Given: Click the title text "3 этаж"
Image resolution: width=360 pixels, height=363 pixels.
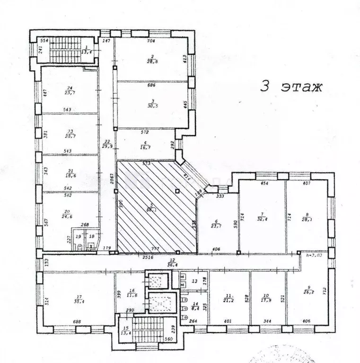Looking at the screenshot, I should (x=291, y=87).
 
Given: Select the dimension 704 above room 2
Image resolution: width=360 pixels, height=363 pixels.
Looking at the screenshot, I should (x=152, y=41).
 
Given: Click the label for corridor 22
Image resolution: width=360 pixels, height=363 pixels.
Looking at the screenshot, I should (x=108, y=144).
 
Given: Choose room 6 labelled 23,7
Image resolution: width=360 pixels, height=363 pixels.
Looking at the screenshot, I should (x=217, y=223).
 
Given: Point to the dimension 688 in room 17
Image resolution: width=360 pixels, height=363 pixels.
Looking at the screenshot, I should (x=77, y=321).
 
